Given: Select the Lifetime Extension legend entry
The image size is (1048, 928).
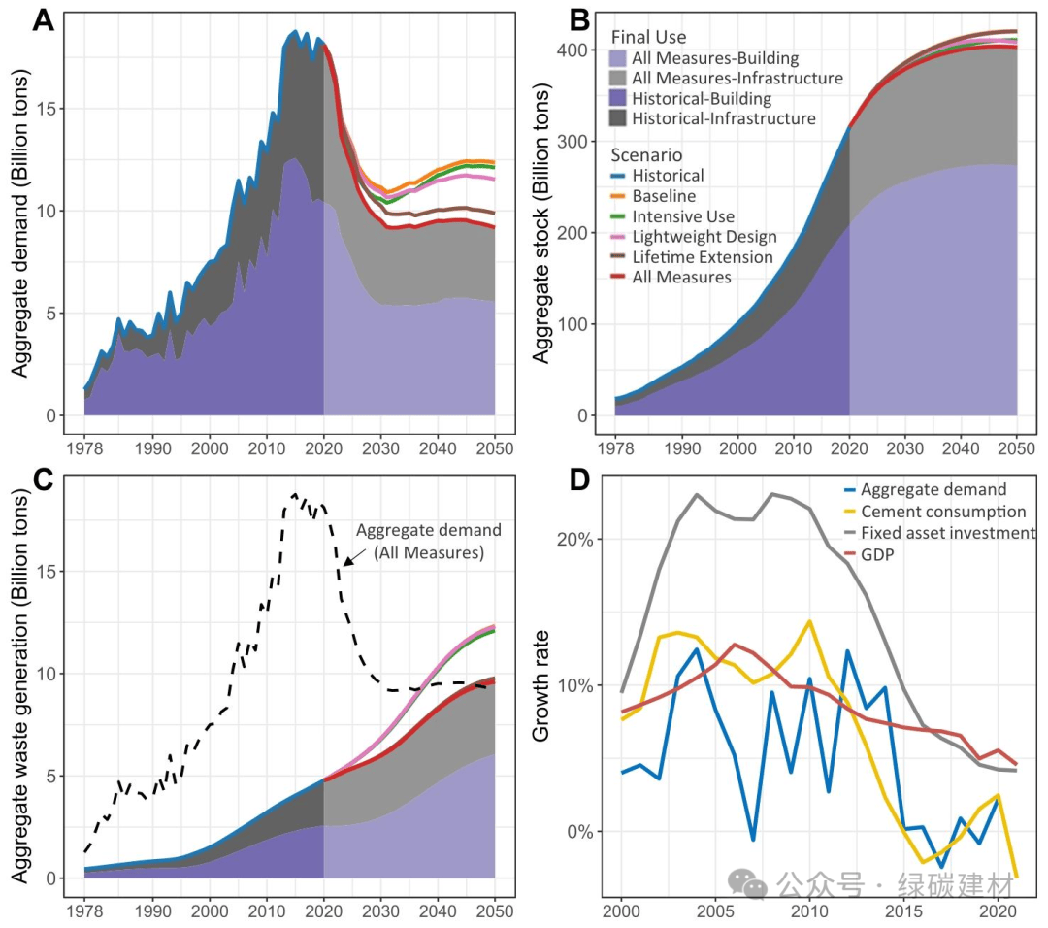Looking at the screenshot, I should [704, 257].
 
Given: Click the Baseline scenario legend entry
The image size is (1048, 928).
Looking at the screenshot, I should [663, 196].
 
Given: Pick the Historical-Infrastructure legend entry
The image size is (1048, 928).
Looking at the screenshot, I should [723, 118].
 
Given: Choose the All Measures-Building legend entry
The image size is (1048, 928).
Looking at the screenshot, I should [714, 58].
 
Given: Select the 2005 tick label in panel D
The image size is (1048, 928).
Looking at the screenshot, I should [715, 913].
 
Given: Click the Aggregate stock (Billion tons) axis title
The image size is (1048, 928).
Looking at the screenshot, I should [541, 225].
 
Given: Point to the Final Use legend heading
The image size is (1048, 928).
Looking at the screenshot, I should [648, 37].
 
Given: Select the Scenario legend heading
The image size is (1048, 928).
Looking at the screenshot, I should [646, 155].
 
